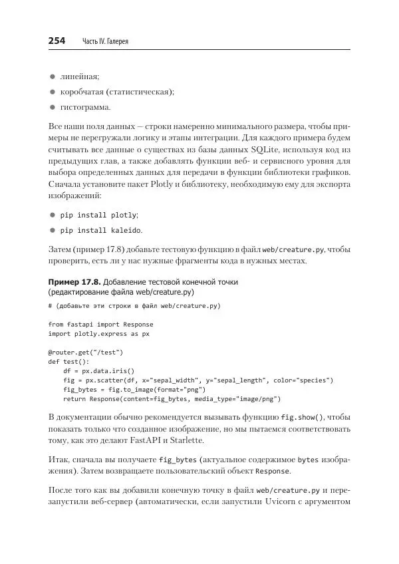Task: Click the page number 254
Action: [57, 41]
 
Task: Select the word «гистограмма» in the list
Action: [84, 107]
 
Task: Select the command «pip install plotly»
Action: [98, 215]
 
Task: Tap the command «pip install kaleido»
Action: [100, 230]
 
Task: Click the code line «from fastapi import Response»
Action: [100, 324]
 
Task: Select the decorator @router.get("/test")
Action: [86, 352]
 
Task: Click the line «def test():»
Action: [68, 361]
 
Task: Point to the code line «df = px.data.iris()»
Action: [98, 370]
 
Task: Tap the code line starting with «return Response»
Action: [172, 398]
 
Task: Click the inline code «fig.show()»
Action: [302, 417]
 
